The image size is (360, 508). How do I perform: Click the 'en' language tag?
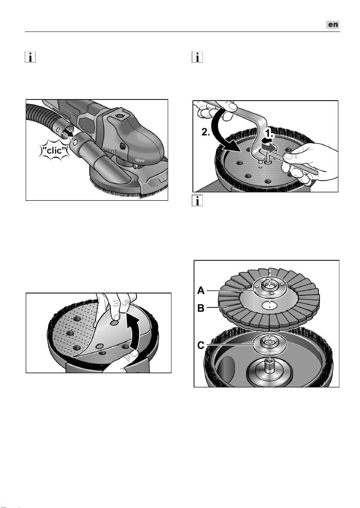(x=333, y=25)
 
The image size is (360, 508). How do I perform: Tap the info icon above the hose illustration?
(x=30, y=57)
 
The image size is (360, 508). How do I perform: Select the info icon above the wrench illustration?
(x=197, y=57)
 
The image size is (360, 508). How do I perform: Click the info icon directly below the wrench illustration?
(x=197, y=201)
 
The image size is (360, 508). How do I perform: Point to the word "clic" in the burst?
(x=55, y=150)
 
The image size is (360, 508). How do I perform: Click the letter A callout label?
(x=201, y=290)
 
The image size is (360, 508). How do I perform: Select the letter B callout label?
(x=201, y=308)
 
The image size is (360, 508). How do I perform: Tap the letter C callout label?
(x=201, y=346)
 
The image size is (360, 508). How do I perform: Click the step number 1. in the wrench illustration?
(x=269, y=134)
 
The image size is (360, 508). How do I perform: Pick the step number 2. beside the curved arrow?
(x=206, y=132)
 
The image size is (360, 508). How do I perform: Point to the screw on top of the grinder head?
(x=119, y=116)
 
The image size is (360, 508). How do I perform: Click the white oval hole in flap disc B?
(x=269, y=306)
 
